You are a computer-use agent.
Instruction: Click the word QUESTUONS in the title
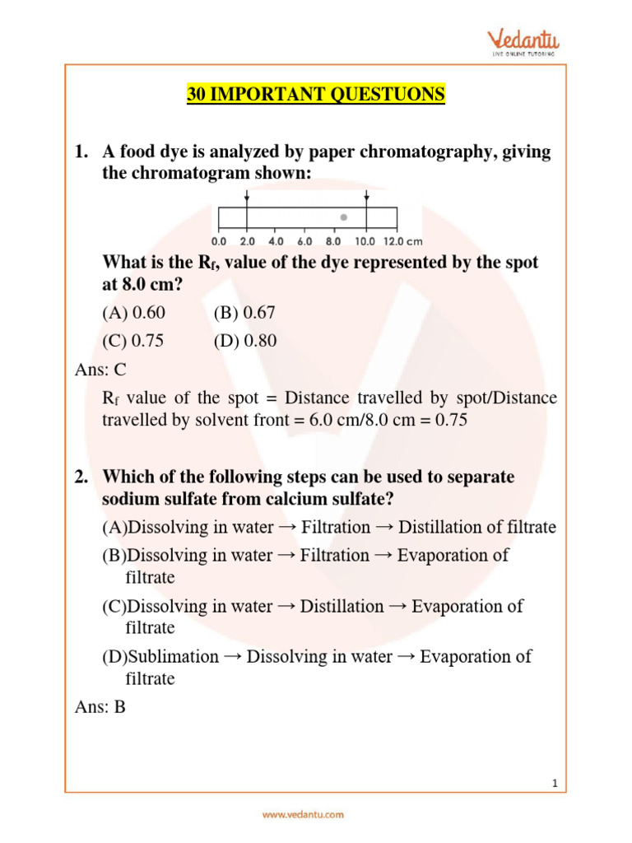pos(388,95)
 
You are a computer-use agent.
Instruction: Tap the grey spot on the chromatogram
pos(344,217)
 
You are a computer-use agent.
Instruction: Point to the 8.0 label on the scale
pos(333,242)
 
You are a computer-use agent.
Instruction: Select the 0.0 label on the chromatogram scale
pos(219,242)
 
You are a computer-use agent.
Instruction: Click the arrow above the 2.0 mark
pos(247,199)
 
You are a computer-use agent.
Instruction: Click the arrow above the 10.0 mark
pos(367,199)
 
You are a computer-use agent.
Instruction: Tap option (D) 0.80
pos(244,341)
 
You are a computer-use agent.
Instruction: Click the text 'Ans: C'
pos(100,370)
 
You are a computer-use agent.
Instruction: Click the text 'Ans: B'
pos(100,707)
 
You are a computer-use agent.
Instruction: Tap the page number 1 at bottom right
pos(555,783)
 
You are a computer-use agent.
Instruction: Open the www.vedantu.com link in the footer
pos(304,814)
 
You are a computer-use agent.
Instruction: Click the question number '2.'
pos(81,477)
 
